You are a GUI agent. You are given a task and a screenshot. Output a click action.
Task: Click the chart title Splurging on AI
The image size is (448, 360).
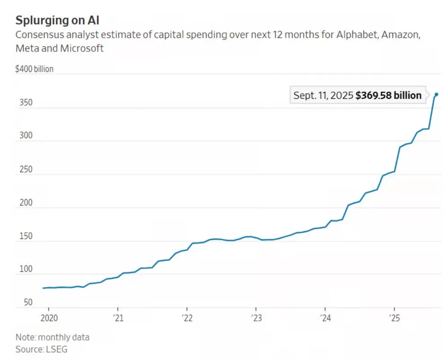(x=57, y=20)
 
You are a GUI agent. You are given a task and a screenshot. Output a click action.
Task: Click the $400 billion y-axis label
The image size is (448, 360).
(x=34, y=69)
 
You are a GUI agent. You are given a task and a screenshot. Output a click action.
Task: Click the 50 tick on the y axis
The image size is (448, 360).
(x=28, y=303)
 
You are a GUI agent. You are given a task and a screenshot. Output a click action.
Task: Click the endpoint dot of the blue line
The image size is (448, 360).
(x=436, y=95)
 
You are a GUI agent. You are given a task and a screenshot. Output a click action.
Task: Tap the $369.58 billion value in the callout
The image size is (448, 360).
(x=388, y=95)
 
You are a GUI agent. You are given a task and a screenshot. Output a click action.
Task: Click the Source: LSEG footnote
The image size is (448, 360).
(x=41, y=349)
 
